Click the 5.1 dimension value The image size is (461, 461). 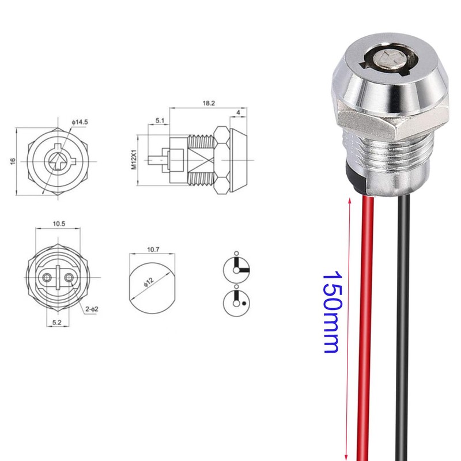pos(159,122)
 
